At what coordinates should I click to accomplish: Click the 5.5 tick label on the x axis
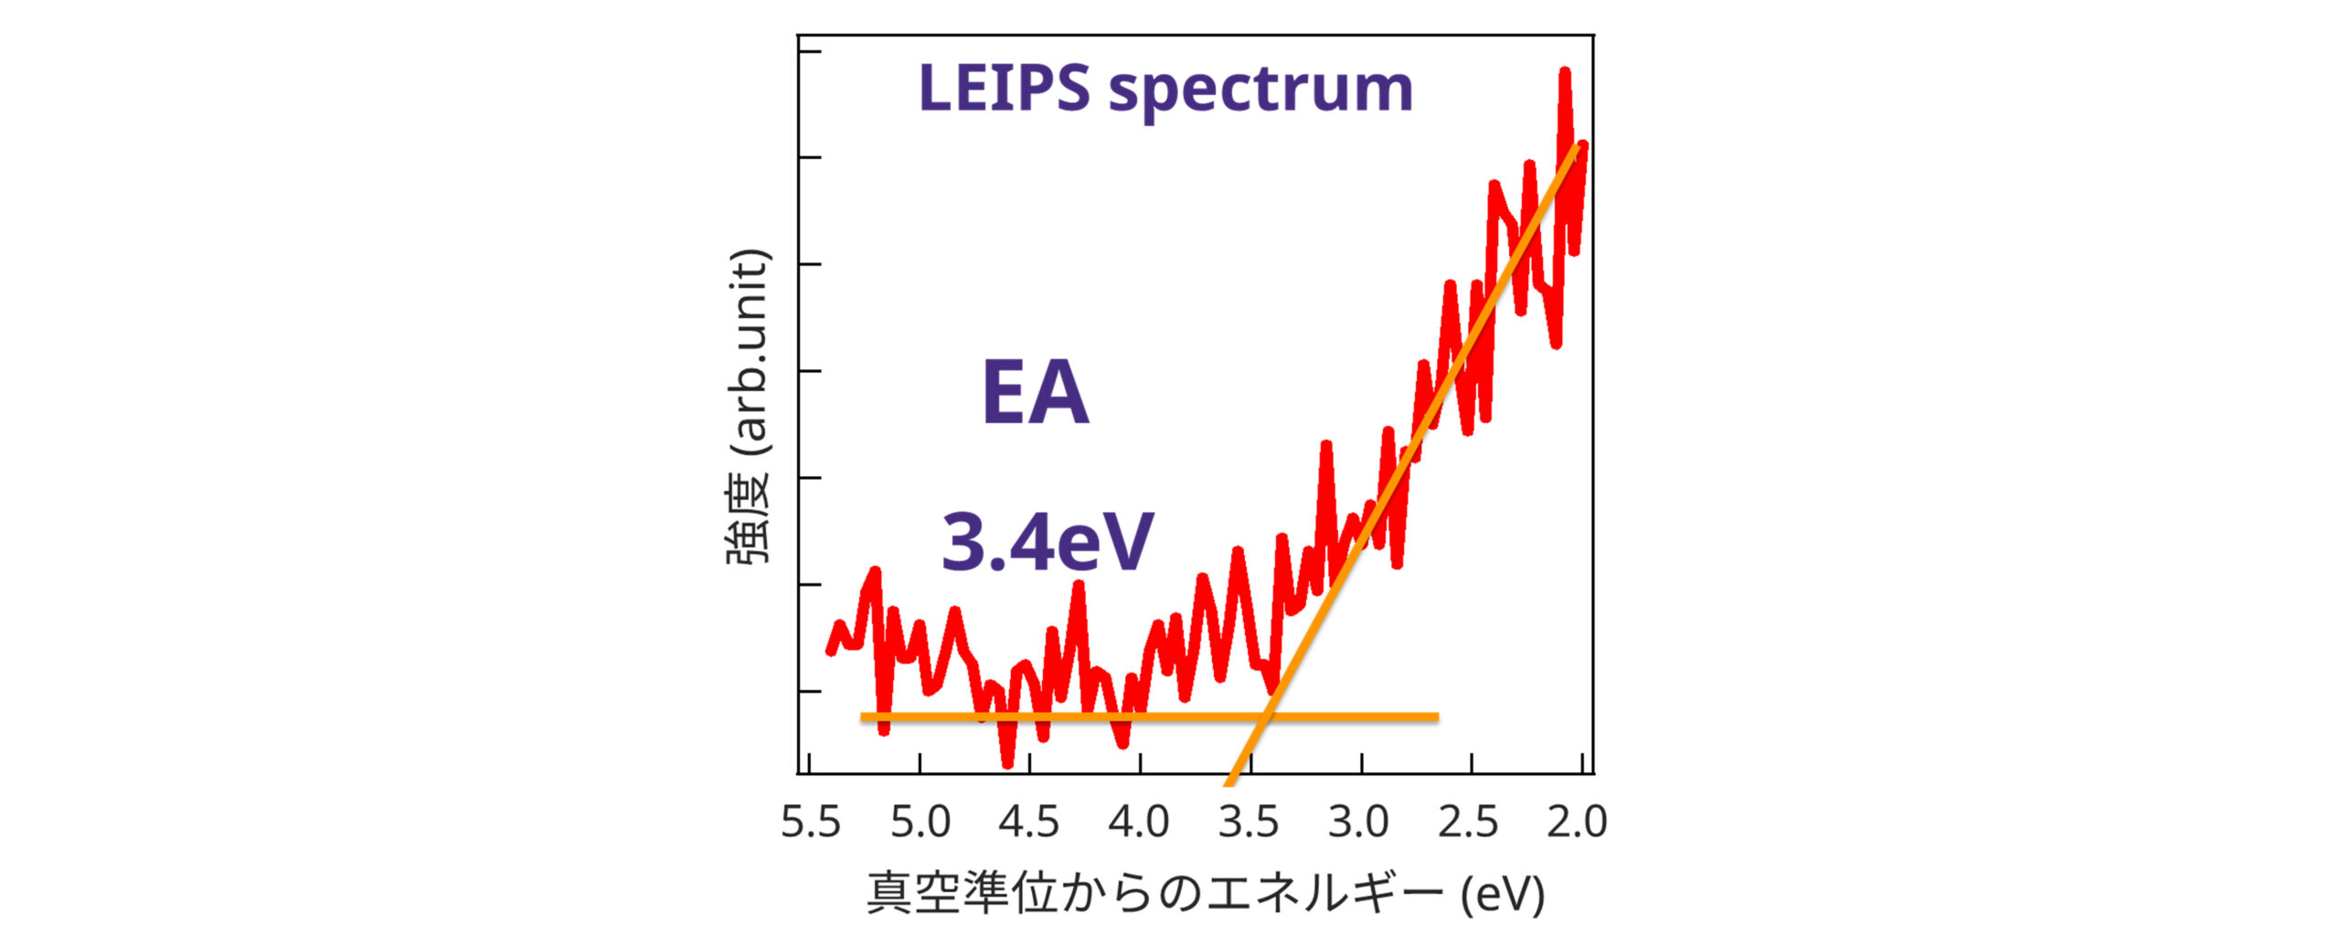coord(810,822)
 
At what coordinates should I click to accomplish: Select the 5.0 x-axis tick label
coord(920,822)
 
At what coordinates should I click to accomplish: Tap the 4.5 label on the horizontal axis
coord(1029,822)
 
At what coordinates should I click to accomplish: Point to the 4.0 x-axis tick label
coord(1139,822)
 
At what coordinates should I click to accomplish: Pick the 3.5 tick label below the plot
coord(1249,822)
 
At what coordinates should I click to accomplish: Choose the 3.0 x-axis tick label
coord(1358,822)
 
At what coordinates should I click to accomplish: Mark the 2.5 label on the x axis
coord(1468,822)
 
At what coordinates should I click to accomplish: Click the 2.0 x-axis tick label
coord(1577,822)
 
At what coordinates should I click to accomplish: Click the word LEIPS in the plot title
coord(1004,89)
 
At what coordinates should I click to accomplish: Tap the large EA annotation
coord(1035,393)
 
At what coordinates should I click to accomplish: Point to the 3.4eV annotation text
coord(1048,542)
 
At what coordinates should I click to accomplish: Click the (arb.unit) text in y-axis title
coord(750,352)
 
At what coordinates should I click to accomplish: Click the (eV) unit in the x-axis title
coord(1503,894)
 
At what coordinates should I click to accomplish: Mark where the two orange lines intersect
coord(1267,717)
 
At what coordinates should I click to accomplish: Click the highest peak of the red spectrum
coord(1565,71)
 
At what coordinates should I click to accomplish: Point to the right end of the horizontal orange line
coord(1437,717)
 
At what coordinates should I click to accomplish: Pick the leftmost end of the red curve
coord(830,651)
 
